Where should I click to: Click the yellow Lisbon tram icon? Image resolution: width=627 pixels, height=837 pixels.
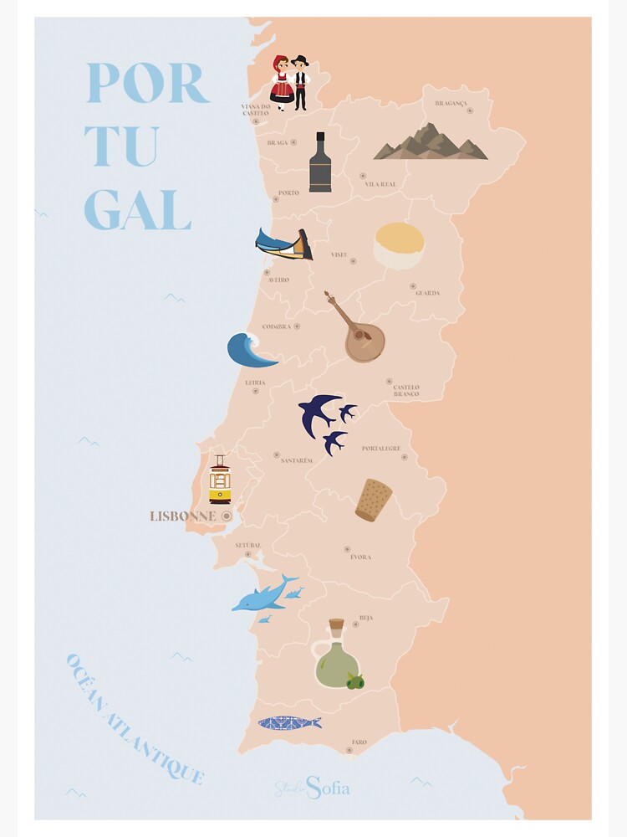[220, 480]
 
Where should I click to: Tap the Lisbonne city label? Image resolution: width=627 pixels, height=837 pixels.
[182, 516]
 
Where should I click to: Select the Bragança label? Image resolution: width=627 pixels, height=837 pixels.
[451, 103]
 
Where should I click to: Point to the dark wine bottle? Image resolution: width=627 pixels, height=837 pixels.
[320, 163]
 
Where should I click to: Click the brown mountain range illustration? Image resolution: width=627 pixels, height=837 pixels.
[431, 143]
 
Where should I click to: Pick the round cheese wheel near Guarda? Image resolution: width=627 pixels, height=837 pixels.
[399, 245]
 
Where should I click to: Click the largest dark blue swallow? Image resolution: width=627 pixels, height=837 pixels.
[319, 413]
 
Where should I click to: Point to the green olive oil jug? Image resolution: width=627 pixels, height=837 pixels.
[335, 658]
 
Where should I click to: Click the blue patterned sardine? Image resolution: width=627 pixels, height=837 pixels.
[289, 722]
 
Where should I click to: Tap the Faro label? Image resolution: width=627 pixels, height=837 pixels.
[359, 742]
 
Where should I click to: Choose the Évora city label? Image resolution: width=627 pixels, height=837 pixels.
[360, 557]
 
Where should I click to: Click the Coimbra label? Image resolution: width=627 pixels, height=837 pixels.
[276, 326]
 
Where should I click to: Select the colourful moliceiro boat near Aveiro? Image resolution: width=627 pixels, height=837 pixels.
[283, 244]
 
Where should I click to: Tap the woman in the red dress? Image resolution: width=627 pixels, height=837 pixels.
[282, 82]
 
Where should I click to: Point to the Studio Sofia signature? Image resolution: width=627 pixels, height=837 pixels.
[313, 788]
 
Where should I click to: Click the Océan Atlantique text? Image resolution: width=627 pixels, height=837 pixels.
[134, 721]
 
